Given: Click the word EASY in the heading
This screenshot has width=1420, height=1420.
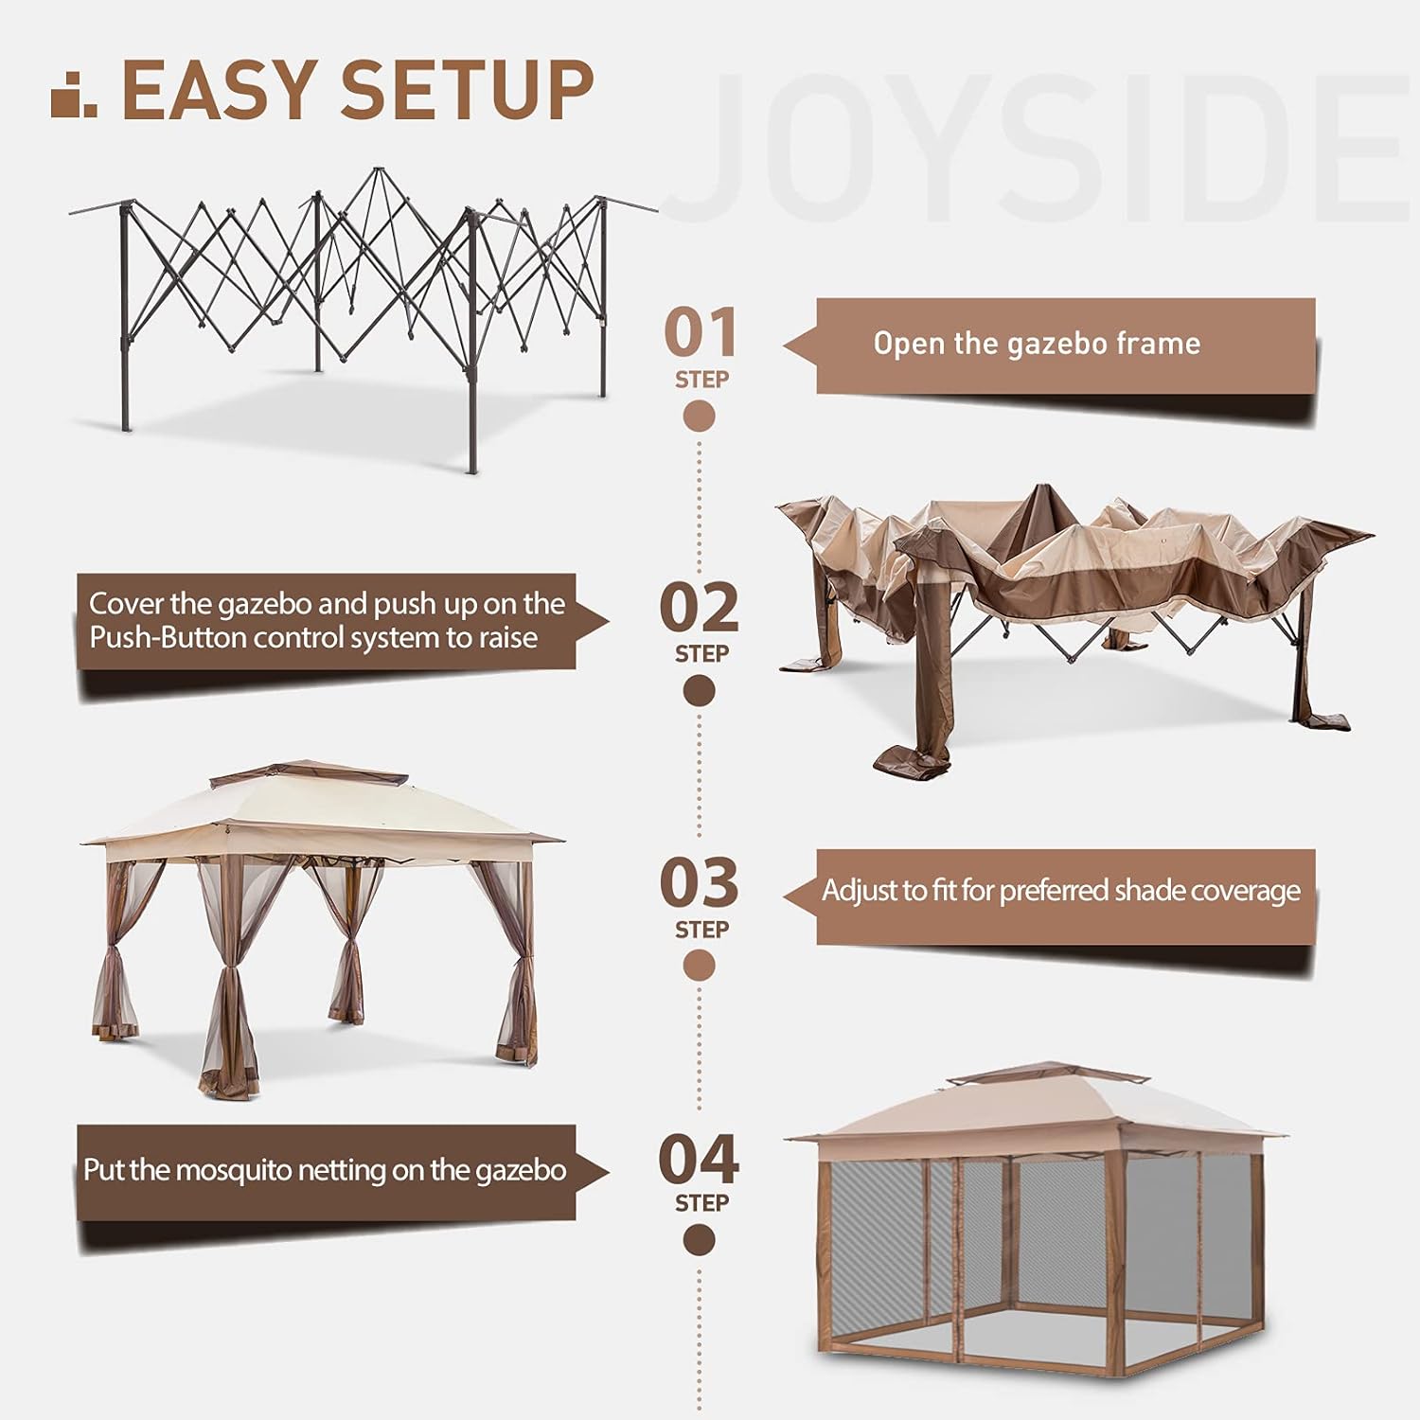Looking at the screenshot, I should [219, 90].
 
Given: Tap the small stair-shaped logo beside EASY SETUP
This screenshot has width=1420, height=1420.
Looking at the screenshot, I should [73, 95].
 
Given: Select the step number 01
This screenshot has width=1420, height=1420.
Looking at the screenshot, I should [701, 333].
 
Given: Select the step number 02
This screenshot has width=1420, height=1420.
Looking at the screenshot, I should [700, 608].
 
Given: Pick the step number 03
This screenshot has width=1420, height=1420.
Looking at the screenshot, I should [700, 882].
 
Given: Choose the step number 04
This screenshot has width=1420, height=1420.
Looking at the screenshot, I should [700, 1160].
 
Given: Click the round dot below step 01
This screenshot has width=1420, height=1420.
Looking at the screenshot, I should [700, 417].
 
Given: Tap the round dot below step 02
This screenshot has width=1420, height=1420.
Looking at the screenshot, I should [700, 692].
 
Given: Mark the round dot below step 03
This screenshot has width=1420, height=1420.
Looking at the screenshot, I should [700, 966].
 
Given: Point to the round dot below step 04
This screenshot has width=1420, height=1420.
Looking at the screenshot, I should [700, 1239].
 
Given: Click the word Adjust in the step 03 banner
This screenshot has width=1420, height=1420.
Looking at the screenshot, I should [860, 891].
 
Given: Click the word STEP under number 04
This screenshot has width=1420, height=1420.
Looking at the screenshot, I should [701, 1203].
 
